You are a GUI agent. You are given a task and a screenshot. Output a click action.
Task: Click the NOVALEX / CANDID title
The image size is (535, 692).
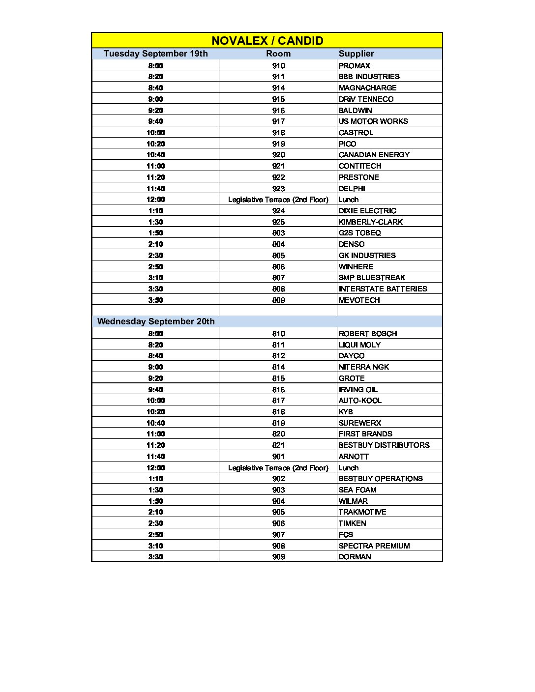[267, 41]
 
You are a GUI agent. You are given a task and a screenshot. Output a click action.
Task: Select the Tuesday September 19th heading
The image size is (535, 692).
[155, 54]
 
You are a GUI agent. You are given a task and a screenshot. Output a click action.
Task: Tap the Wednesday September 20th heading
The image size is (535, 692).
[156, 321]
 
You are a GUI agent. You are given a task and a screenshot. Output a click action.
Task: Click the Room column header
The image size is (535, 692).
[278, 54]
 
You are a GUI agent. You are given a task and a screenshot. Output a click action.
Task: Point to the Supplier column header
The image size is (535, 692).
[356, 54]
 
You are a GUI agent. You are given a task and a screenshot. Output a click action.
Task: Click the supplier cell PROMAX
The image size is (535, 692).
[354, 66]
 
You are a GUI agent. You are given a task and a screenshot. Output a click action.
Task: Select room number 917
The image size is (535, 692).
[278, 121]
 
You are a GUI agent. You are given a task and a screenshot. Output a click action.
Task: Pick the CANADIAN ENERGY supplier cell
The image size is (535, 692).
[374, 155]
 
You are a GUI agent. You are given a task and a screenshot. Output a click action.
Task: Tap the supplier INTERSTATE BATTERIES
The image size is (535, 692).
[383, 289]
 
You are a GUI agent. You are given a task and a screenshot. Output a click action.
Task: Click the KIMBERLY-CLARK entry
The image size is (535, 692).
[370, 222]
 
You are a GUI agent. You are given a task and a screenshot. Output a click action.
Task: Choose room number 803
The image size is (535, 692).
[278, 233]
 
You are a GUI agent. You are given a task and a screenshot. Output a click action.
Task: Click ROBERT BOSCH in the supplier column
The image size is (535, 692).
[367, 334]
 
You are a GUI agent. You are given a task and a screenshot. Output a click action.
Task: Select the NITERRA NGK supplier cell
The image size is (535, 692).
[363, 367]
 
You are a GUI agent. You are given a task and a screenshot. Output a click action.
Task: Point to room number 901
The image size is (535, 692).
[278, 457]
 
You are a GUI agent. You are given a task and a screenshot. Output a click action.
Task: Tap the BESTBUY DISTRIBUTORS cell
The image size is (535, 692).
[384, 445]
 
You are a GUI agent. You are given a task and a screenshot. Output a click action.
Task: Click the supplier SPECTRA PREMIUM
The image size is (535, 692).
[374, 546]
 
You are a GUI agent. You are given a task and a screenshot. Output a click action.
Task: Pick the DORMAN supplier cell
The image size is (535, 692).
[355, 557]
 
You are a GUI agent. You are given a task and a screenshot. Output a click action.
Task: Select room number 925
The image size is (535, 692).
[278, 222]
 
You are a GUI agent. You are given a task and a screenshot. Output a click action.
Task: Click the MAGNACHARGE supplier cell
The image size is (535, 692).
[367, 88]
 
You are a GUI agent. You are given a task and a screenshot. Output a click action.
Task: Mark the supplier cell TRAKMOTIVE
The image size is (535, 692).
[362, 512]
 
